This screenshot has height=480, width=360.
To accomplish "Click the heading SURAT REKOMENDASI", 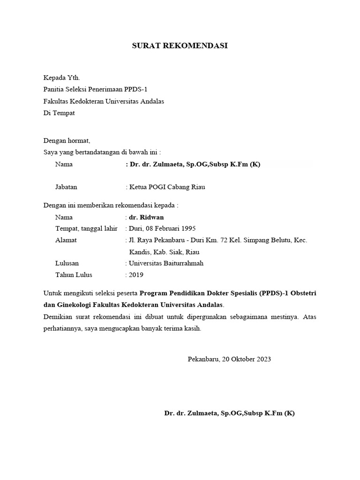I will [x=180, y=46].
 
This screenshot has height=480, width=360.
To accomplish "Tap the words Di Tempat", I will [x=59, y=113].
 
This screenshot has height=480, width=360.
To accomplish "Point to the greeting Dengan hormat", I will [x=67, y=140].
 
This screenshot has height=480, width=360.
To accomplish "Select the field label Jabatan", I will [x=66, y=187].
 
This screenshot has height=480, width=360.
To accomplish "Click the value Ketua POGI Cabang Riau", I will [x=167, y=187].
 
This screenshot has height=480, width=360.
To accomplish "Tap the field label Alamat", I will [x=66, y=240].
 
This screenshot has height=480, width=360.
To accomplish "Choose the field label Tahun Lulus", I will [x=74, y=275].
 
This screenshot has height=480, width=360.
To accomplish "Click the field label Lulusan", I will [x=67, y=263].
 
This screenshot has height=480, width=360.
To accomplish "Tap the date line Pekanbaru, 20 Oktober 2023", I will [x=229, y=359].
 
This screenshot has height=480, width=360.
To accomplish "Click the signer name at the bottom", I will [x=229, y=413].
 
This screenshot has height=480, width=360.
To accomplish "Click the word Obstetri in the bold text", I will [x=302, y=293].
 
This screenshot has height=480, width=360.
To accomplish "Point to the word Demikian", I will [x=58, y=317].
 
